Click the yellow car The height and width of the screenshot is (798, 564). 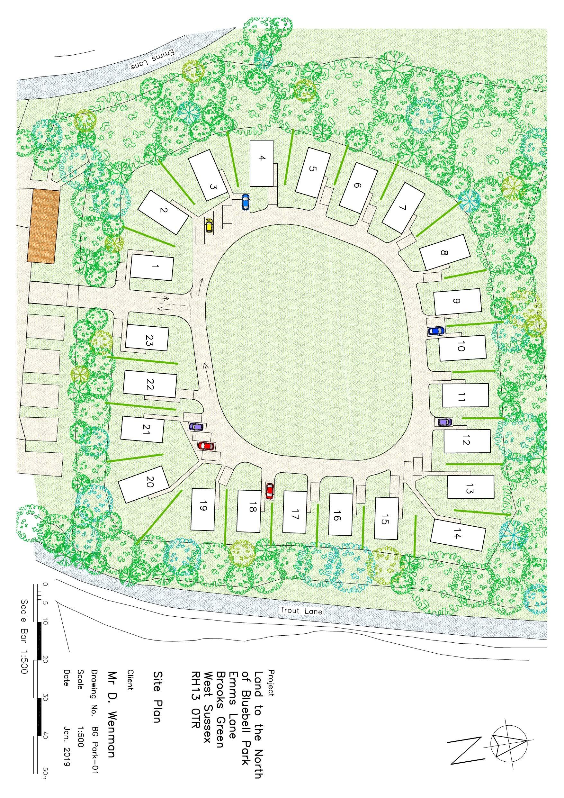tap(209, 225)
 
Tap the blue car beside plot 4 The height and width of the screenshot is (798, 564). tap(245, 202)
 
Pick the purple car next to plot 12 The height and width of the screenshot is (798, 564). tap(444, 422)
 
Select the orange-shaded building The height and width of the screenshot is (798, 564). tap(44, 226)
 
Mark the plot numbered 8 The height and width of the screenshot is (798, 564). tap(443, 253)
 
